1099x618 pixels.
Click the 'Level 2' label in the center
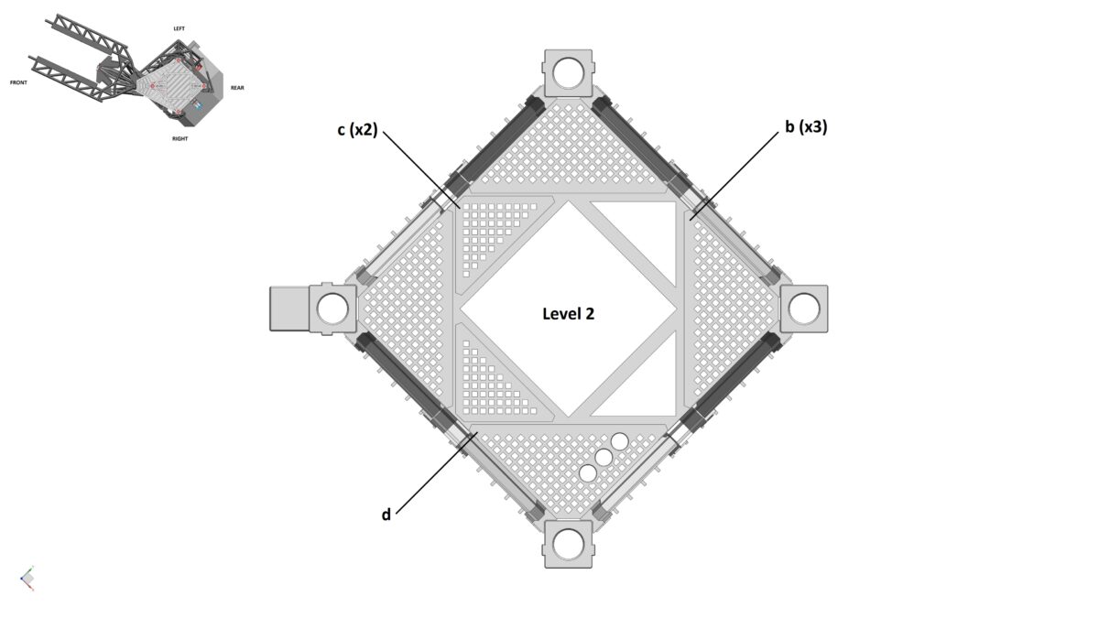[568, 313]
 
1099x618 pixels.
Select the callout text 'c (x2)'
[356, 130]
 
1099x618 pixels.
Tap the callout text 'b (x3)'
[805, 127]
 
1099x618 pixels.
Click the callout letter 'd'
[386, 515]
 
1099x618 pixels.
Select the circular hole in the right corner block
[804, 309]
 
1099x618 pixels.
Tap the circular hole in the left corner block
[333, 309]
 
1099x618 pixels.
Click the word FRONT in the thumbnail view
[18, 82]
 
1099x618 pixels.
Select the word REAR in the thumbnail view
[237, 88]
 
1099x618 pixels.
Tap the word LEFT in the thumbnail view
[180, 28]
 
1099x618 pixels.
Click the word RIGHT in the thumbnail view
[180, 138]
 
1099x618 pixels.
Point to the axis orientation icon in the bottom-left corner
[27, 578]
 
